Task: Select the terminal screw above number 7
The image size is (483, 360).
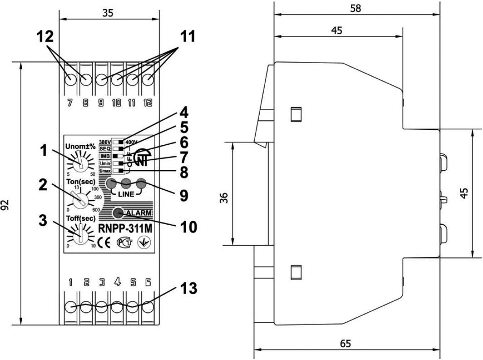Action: pyautogui.click(x=71, y=80)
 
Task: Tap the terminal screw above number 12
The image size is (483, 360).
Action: pyautogui.click(x=148, y=80)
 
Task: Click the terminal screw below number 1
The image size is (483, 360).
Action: pyautogui.click(x=71, y=307)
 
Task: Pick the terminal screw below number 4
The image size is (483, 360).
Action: pyautogui.click(x=117, y=307)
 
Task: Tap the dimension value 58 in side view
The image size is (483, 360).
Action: pyautogui.click(x=358, y=9)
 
